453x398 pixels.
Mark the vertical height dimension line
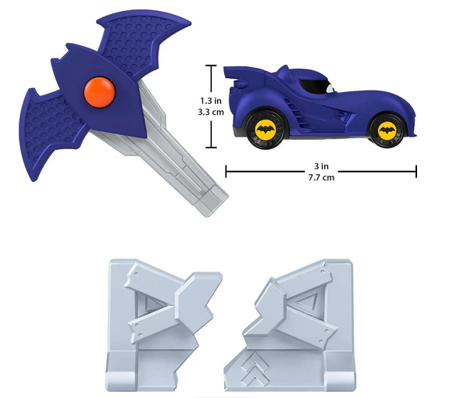[x=210, y=106]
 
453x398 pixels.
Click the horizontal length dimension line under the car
[x=320, y=170]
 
